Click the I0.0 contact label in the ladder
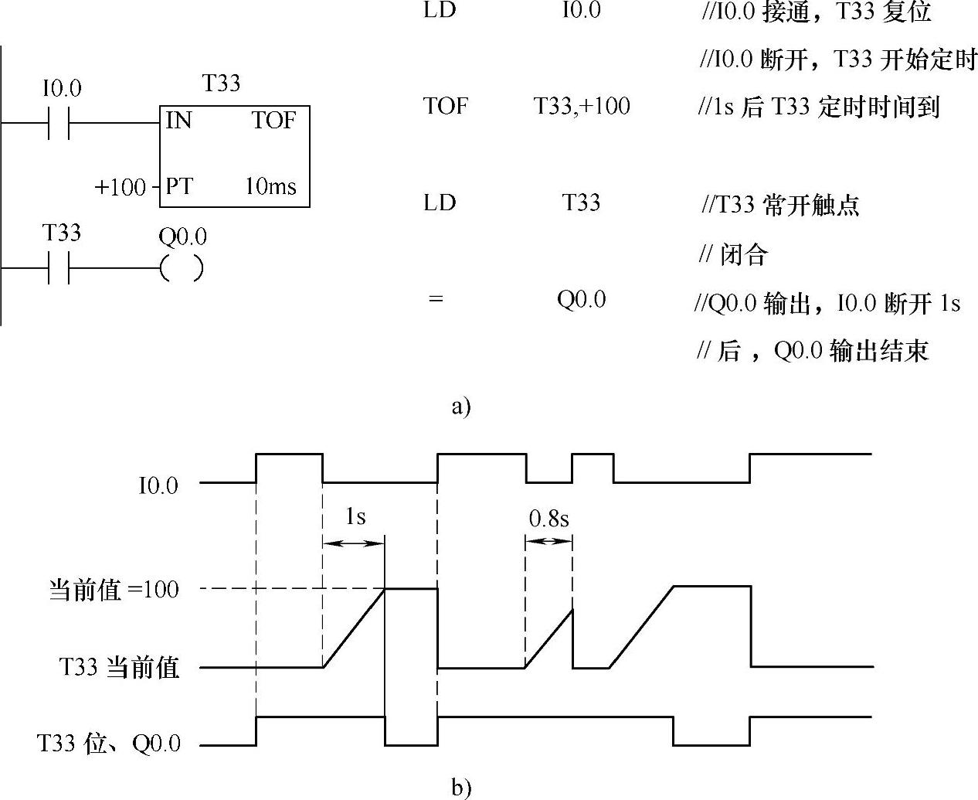click(x=61, y=90)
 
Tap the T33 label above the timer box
click(x=222, y=83)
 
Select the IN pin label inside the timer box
click(x=178, y=121)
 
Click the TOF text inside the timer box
click(x=273, y=121)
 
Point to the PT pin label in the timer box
click(x=179, y=187)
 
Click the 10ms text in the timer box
click(x=270, y=187)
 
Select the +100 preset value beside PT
click(x=120, y=188)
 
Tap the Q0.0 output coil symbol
click(x=182, y=268)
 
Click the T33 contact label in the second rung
click(x=62, y=233)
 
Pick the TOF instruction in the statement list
click(x=446, y=106)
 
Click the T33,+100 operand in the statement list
click(x=582, y=106)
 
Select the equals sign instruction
click(x=436, y=300)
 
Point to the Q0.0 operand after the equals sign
click(x=582, y=300)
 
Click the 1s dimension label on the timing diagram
click(x=355, y=516)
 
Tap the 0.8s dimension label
click(x=548, y=519)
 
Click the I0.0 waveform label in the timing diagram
click(x=158, y=486)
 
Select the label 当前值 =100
click(x=114, y=591)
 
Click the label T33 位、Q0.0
click(x=109, y=744)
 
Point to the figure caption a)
click(x=460, y=406)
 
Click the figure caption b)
click(x=461, y=788)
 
